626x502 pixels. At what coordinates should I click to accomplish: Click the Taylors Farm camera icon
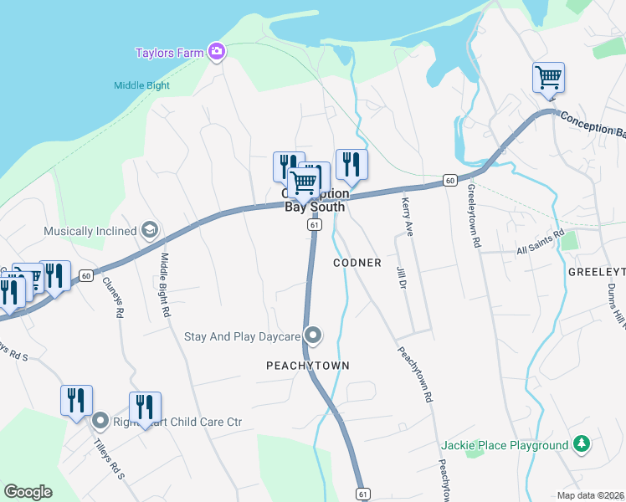pos(217,53)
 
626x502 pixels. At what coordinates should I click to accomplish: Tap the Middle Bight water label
pos(141,85)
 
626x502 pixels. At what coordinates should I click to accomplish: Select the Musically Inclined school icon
pos(149,230)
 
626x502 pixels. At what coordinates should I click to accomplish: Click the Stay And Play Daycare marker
pos(313,336)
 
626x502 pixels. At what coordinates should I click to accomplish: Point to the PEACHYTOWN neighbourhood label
pos(307,366)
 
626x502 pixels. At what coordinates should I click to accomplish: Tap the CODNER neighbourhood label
pos(357,263)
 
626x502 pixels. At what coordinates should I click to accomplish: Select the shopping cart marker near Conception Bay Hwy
pos(548,78)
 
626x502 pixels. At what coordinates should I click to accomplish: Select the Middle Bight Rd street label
pos(166,284)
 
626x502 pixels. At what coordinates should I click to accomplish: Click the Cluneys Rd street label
pos(118,297)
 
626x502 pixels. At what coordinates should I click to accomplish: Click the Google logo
pos(28,491)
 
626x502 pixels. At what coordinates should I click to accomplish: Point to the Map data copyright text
pos(591,495)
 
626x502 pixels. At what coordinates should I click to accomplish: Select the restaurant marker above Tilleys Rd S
pos(76,400)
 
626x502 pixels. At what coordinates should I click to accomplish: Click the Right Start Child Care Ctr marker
pos(100,421)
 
